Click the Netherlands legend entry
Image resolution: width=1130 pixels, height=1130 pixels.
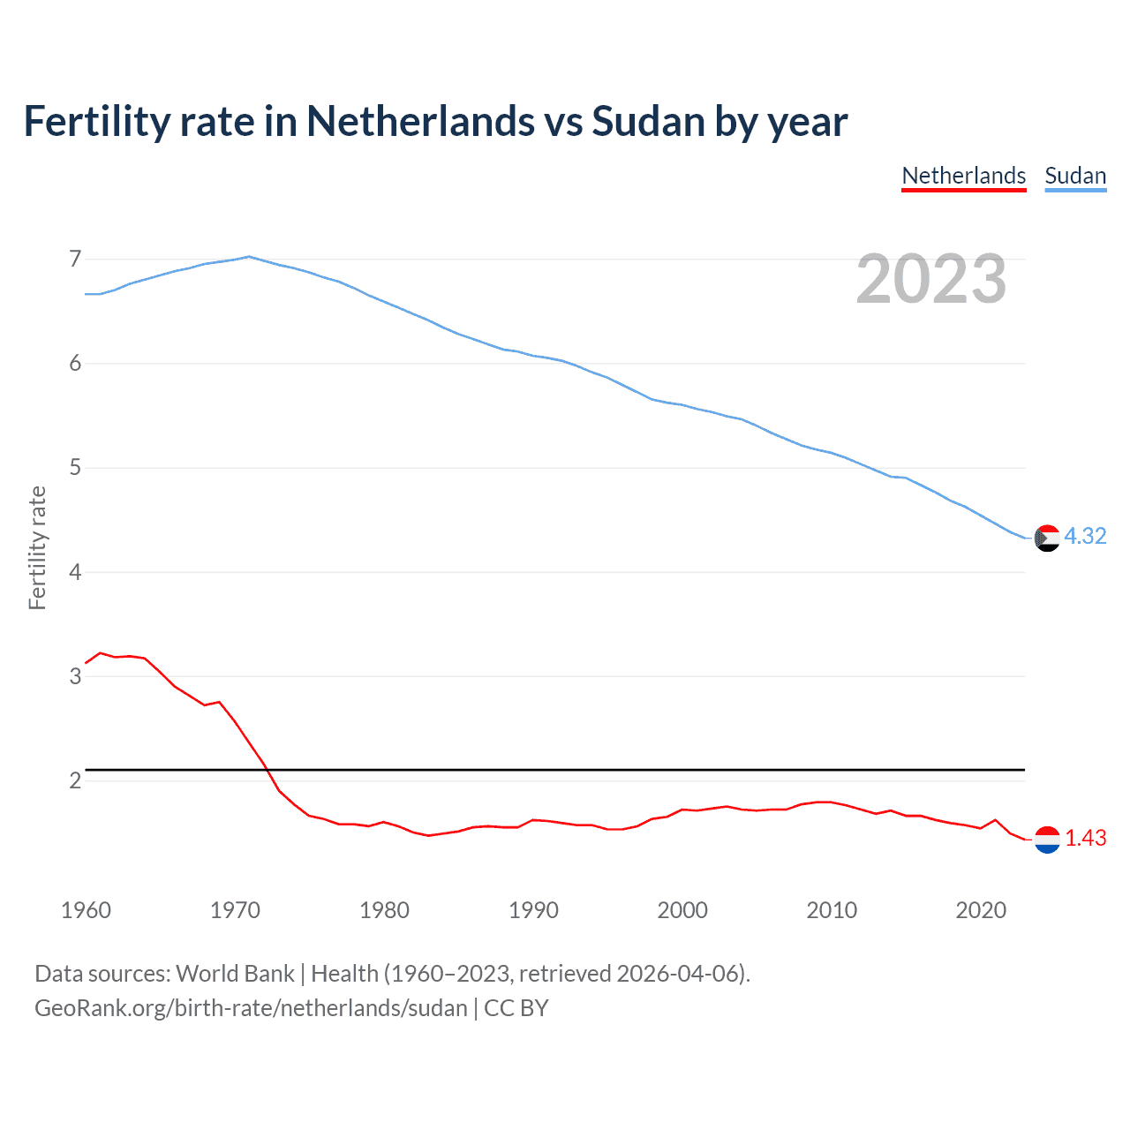963,176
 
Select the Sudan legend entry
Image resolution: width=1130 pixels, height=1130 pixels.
1074,176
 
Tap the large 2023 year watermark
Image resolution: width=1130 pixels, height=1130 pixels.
930,279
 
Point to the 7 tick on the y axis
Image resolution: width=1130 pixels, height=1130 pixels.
75,259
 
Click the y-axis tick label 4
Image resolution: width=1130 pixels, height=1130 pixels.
75,572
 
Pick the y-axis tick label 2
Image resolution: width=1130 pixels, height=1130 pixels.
75,780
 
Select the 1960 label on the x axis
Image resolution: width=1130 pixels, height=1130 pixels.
86,910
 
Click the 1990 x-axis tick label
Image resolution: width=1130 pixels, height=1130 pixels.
533,910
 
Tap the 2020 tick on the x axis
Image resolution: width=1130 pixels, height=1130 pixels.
981,910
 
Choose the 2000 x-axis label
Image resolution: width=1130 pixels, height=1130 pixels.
682,910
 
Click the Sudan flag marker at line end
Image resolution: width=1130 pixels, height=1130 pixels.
1047,538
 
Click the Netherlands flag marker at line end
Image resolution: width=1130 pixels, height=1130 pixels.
1047,840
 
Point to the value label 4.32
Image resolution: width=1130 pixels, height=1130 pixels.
1085,536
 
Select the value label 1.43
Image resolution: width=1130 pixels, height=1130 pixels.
1085,838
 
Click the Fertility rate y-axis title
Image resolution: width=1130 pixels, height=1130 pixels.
37,547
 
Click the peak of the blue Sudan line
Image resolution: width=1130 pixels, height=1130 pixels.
249,257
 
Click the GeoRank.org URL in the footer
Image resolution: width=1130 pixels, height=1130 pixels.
251,1008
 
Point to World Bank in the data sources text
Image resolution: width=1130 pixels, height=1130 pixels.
235,974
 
